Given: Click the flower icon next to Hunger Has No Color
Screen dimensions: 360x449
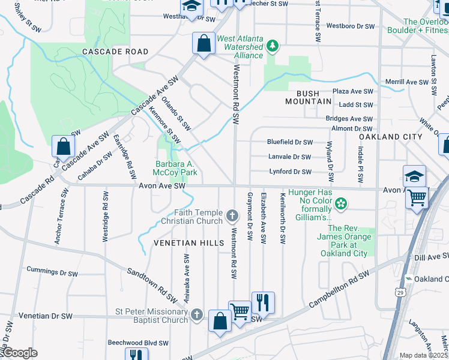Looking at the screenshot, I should click(x=341, y=203).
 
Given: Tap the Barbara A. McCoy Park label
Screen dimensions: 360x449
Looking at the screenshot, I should click(x=176, y=168).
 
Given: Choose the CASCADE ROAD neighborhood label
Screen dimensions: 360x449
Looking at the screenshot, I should click(x=116, y=52).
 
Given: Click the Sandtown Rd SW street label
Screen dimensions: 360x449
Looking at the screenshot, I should click(x=152, y=284).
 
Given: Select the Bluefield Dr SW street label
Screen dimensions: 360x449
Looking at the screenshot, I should click(x=290, y=142).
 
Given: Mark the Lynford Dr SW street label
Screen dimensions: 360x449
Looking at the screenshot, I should click(x=290, y=172).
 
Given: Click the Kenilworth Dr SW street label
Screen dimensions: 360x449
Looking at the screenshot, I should click(x=282, y=218).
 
